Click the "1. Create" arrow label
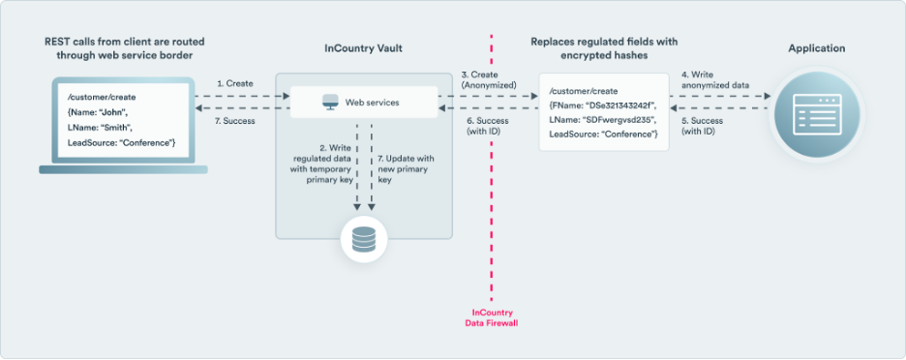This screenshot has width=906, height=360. click(234, 84)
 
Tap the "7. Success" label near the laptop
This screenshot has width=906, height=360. click(234, 121)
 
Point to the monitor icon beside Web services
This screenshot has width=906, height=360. click(329, 102)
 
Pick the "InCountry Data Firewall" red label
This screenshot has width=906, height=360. click(492, 319)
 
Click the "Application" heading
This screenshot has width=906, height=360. click(816, 48)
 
